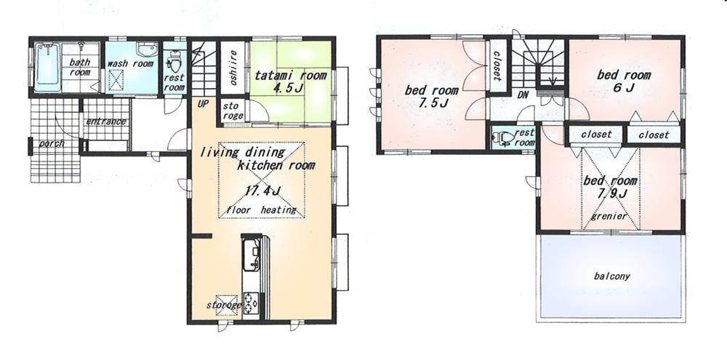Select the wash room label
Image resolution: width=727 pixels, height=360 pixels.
[130, 64]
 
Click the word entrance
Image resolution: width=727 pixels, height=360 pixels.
[106, 121]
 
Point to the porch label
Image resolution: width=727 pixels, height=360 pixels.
[52, 143]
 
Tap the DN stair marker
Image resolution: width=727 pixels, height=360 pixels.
[522, 95]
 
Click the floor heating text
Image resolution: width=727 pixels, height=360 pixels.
[262, 210]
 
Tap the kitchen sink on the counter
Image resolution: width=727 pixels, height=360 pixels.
[252, 255]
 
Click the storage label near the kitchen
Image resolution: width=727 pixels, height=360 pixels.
[223, 305]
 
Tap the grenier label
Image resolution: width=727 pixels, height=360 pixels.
[608, 216]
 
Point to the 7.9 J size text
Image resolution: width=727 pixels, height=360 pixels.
[611, 194]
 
